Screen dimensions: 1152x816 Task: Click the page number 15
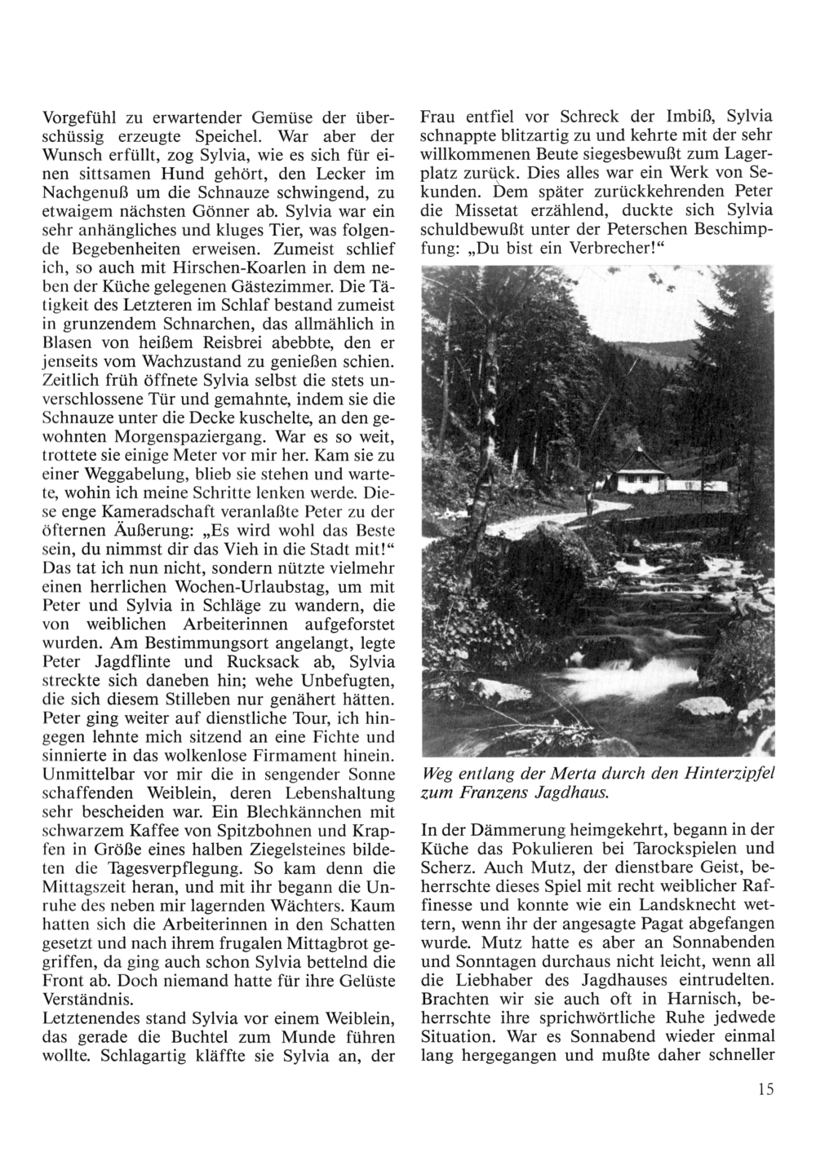[765, 1088]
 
